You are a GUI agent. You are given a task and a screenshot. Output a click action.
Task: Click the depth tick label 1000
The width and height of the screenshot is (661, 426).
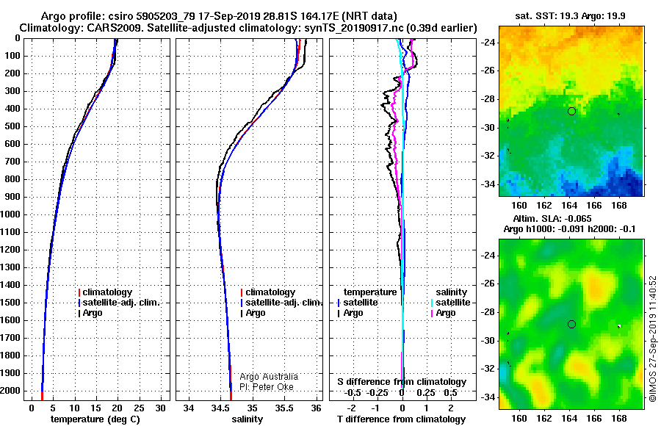(10, 214)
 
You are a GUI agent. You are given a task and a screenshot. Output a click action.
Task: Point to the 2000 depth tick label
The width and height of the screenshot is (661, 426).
(10, 391)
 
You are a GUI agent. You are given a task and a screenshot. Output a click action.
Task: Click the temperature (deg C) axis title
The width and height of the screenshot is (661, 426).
(95, 419)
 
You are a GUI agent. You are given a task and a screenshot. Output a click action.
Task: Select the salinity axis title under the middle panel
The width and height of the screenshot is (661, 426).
(247, 419)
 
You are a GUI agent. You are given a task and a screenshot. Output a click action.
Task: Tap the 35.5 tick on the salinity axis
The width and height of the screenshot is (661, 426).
(283, 408)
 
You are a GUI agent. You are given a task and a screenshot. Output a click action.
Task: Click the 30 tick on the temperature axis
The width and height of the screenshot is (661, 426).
(160, 408)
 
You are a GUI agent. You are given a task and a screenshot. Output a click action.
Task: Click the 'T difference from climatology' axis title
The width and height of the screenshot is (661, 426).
(401, 419)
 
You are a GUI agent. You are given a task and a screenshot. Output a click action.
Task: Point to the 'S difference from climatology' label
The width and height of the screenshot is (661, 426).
(402, 382)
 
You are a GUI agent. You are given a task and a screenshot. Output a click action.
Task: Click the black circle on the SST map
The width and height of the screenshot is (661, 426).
(571, 112)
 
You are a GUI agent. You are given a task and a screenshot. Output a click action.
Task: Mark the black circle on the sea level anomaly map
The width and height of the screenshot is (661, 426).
(571, 325)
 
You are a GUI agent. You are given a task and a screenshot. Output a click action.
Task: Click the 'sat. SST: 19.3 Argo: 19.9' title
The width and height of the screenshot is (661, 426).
(571, 16)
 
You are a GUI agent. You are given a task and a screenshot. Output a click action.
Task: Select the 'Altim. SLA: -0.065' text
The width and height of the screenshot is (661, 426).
(552, 219)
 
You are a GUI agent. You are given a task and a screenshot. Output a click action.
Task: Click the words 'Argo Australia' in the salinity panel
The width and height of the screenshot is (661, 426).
(269, 377)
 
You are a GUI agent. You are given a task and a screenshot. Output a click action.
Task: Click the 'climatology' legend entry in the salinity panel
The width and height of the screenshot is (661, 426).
(268, 292)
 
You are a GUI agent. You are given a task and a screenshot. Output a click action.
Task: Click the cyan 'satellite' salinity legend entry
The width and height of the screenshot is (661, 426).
(451, 303)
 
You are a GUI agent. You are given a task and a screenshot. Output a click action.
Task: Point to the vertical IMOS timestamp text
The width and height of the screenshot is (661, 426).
(653, 339)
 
